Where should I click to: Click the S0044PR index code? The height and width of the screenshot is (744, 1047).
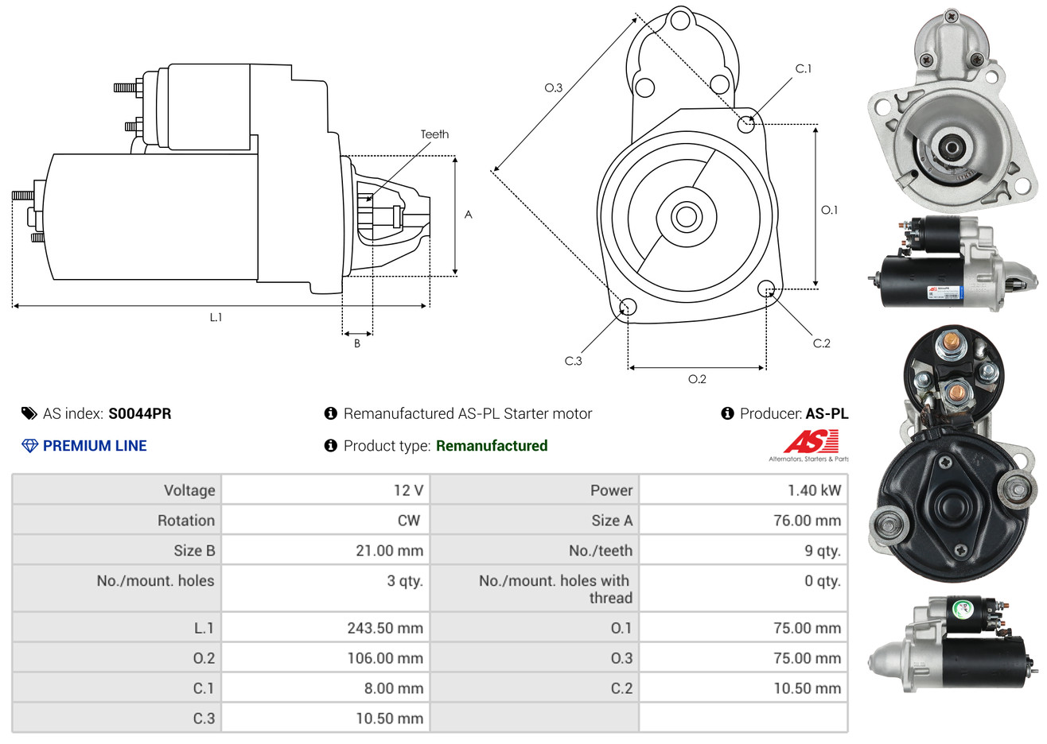click(x=139, y=413)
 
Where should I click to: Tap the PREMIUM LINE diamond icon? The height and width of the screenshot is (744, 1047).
click(x=29, y=446)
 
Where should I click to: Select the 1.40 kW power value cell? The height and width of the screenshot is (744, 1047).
click(x=814, y=490)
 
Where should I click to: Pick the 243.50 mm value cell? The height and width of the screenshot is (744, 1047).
click(x=384, y=628)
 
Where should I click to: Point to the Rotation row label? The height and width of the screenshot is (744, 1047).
click(x=186, y=521)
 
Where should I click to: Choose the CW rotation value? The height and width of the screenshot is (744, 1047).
click(x=408, y=521)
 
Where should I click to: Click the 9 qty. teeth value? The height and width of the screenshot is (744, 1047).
click(x=822, y=551)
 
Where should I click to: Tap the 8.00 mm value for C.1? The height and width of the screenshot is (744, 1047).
click(x=393, y=688)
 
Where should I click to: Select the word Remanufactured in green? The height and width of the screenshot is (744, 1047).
click(x=492, y=446)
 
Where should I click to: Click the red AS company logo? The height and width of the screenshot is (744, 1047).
click(x=811, y=442)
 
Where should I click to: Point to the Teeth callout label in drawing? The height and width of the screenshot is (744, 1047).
click(x=434, y=134)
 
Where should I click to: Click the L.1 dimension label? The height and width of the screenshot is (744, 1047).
click(x=216, y=317)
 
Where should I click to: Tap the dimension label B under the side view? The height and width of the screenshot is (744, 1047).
click(x=357, y=343)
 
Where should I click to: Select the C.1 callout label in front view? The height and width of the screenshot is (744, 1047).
click(x=804, y=69)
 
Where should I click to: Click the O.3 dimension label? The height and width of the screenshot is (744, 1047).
click(x=553, y=88)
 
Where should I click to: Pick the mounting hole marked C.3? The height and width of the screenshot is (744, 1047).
click(x=628, y=308)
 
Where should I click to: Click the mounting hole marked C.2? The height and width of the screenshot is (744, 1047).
click(x=766, y=288)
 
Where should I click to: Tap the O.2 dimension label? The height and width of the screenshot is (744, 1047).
click(x=697, y=379)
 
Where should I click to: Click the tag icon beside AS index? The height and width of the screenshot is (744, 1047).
click(x=29, y=413)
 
